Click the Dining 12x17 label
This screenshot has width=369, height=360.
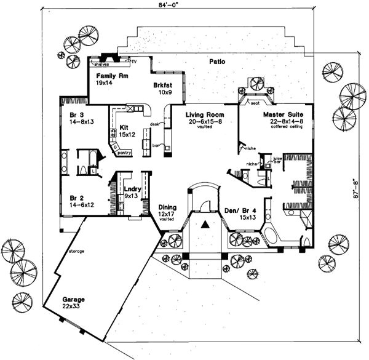click(168, 212)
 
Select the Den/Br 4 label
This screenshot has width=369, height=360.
click(239, 212)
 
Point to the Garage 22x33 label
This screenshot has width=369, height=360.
click(73, 302)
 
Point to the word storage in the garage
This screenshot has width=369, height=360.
click(77, 252)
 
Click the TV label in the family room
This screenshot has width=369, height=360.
click(133, 62)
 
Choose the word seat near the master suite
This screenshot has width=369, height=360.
click(254, 103)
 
